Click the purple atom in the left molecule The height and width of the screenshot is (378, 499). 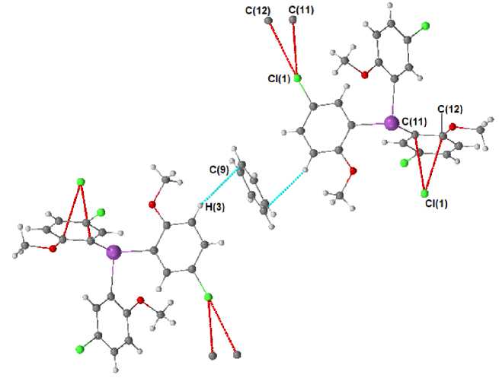pyautogui.click(x=114, y=251)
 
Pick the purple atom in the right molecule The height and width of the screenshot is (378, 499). pyautogui.click(x=391, y=122)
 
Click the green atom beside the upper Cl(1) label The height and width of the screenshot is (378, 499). pyautogui.click(x=297, y=78)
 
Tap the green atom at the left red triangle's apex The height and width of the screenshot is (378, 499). pyautogui.click(x=79, y=181)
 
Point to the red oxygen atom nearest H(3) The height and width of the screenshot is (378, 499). pyautogui.click(x=153, y=205)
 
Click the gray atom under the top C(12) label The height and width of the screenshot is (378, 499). pyautogui.click(x=268, y=21)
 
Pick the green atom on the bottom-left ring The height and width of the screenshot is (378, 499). pyautogui.click(x=78, y=349)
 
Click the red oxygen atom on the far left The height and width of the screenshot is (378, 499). pyautogui.click(x=53, y=248)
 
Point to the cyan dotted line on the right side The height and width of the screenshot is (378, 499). pyautogui.click(x=286, y=188)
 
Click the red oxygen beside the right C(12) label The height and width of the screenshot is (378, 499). pyautogui.click(x=452, y=127)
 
